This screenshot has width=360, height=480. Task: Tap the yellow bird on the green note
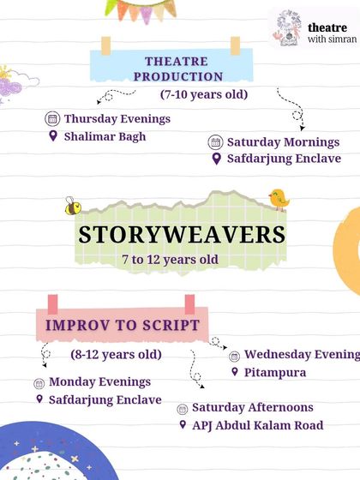pos(279,199)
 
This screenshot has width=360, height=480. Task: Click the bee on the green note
pos(73,206)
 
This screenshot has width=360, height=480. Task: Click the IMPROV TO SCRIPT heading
pos(123,326)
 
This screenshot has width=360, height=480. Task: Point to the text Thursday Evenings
pos(117,119)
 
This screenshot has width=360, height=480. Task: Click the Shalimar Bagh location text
pos(105,136)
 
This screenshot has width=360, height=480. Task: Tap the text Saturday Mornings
pos(283,142)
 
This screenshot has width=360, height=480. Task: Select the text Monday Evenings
pos(99,381)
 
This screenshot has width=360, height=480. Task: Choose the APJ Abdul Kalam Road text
pos(258,425)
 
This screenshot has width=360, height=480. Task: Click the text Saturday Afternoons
pos(253,407)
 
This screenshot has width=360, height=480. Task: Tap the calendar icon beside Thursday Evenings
pos(52,119)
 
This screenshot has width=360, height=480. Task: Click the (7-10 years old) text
pos(204,93)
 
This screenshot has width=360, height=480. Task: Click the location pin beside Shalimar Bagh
pos(53,136)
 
